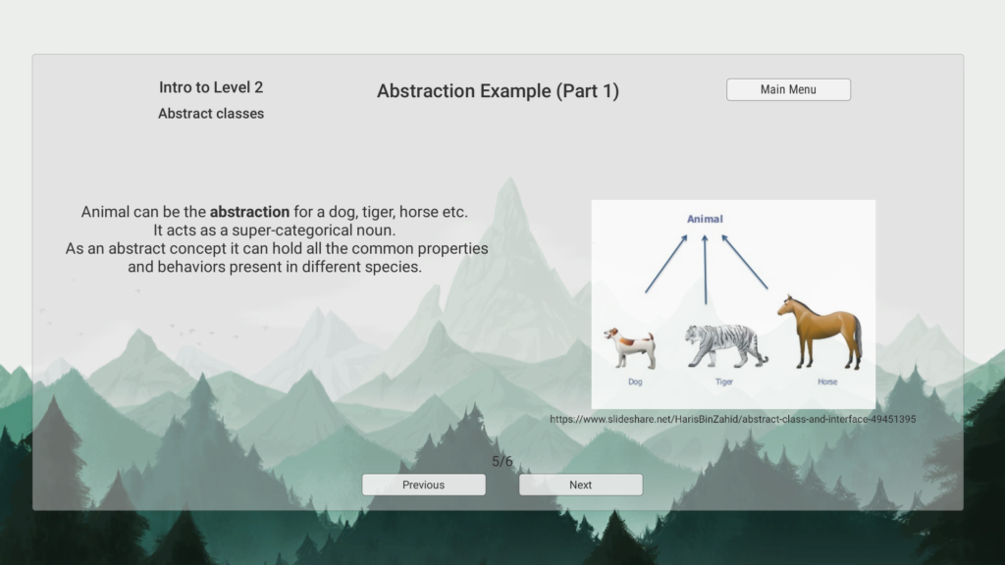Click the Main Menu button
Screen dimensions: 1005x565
(x=788, y=89)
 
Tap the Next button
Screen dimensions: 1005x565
(x=581, y=485)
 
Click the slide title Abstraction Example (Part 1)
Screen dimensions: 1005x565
(x=498, y=91)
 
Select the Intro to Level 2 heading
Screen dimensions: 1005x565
(x=211, y=87)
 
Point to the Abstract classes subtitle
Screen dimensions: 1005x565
(x=211, y=114)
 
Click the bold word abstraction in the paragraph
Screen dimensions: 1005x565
(x=249, y=212)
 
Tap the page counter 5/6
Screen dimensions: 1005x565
(x=502, y=461)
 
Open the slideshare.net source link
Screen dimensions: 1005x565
(x=732, y=419)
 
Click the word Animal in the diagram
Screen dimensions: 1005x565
(x=705, y=219)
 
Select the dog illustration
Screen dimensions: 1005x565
(x=631, y=348)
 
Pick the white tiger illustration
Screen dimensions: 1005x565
(x=726, y=346)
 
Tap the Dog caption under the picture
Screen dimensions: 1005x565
(x=635, y=382)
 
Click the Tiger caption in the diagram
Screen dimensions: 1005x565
(x=724, y=382)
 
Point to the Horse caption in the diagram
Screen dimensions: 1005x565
(x=827, y=382)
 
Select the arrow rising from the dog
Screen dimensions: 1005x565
(x=666, y=264)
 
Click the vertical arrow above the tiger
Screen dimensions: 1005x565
(x=705, y=269)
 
